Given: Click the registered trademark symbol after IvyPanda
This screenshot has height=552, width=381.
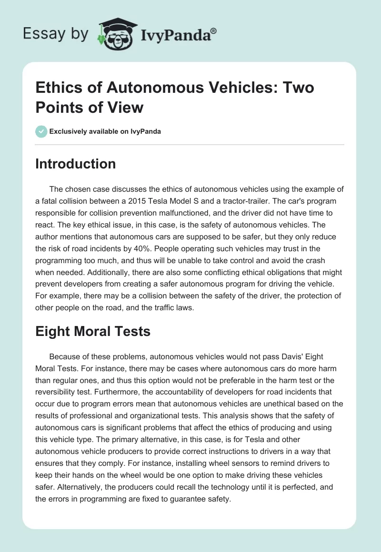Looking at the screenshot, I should [213, 30].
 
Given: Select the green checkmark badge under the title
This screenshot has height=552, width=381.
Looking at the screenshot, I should [41, 131].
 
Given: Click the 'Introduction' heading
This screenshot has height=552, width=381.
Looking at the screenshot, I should [75, 164].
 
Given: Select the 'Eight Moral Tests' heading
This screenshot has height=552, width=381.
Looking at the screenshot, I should [93, 331].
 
